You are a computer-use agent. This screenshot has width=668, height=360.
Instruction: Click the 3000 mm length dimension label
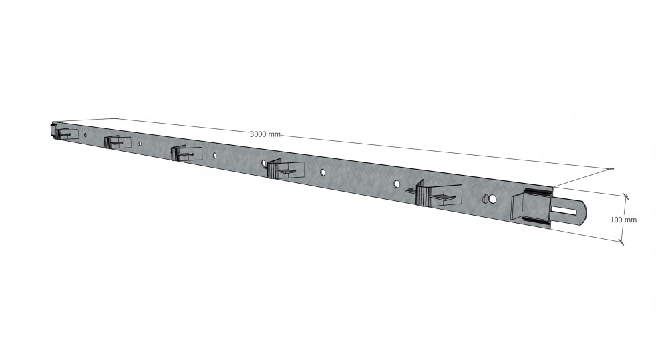pos(265,134)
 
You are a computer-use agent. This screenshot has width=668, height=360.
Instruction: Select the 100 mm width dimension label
pos(623,220)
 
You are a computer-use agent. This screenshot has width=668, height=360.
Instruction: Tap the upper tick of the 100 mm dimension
pos(625,196)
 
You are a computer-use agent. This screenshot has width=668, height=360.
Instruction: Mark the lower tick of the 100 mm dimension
pos(621,242)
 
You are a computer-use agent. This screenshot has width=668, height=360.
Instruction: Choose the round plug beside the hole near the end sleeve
pos(486,198)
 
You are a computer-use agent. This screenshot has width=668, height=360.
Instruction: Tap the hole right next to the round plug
pos(493,199)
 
